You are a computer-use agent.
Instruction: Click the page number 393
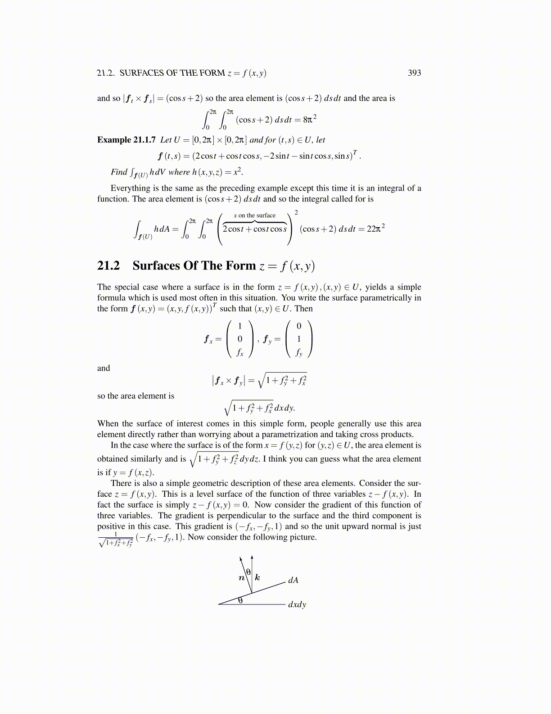414,73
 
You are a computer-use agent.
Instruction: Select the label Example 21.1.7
126,140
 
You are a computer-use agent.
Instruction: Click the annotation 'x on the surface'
254,215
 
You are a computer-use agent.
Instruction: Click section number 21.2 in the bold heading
108,265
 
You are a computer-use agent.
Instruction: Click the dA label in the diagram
293,580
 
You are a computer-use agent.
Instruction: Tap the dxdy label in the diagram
297,604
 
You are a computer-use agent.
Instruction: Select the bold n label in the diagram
242,577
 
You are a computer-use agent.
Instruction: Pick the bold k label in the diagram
257,577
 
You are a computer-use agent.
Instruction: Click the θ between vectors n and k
248,572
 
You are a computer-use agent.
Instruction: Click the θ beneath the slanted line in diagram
240,600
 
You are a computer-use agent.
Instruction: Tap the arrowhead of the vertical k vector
252,557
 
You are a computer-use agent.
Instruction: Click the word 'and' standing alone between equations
104,368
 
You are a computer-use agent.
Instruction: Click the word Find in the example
119,172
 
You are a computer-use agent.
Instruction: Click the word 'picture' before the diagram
303,537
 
